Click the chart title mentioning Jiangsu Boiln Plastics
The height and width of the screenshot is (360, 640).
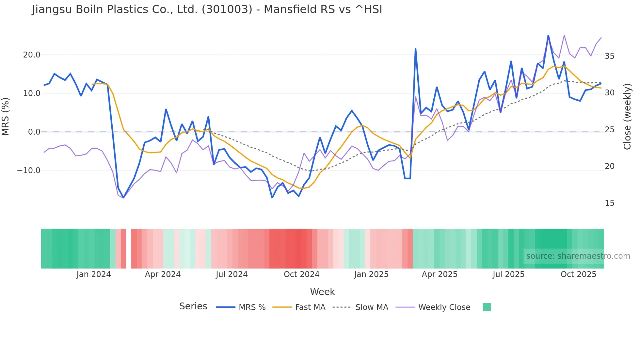(207, 9)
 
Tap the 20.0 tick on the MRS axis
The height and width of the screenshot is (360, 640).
(32, 55)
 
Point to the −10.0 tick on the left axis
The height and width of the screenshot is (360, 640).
(29, 171)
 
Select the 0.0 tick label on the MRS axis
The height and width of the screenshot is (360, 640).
(34, 132)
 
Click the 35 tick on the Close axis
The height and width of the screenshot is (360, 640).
(609, 56)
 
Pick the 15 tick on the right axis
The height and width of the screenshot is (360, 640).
(609, 203)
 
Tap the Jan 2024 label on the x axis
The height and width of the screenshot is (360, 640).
(94, 274)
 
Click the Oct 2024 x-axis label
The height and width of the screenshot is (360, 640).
(301, 274)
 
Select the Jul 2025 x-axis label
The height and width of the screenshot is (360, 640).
(508, 274)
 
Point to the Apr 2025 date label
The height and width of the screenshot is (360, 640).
(440, 274)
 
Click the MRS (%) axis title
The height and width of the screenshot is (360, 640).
(6, 116)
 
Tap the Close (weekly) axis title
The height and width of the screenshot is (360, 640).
(627, 117)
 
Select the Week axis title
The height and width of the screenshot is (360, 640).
(322, 292)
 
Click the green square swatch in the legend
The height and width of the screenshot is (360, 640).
(487, 307)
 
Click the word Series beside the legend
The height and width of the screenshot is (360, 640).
(193, 306)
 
